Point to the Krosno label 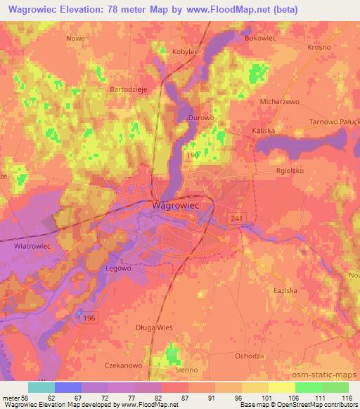click(320, 47)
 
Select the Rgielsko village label click(292, 170)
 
